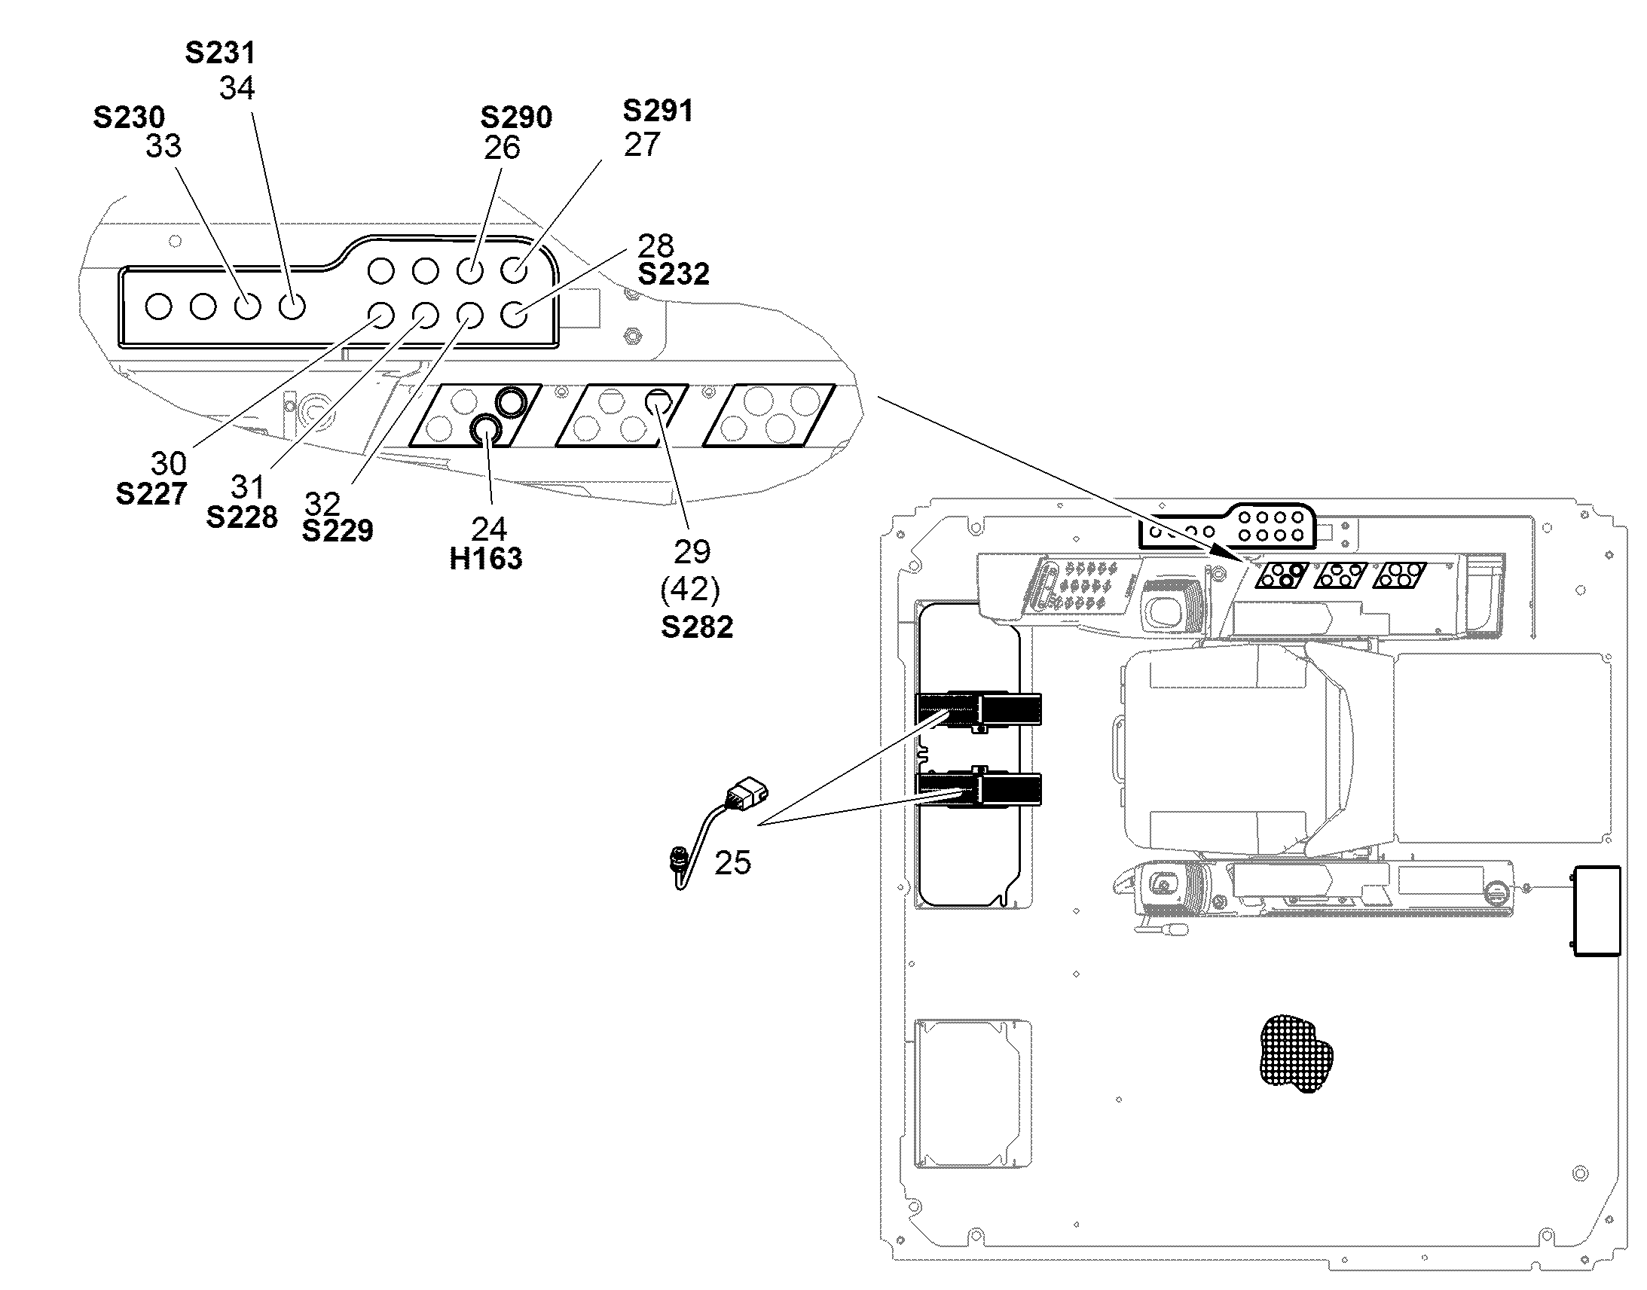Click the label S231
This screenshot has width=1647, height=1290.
[x=220, y=53]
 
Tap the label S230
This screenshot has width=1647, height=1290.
[x=128, y=117]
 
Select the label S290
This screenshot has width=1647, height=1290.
[x=516, y=117]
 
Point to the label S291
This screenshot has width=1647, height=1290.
[x=657, y=111]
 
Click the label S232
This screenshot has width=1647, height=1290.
[x=673, y=274]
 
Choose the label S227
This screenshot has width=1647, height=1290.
[x=151, y=494]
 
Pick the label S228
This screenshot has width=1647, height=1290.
[x=242, y=517]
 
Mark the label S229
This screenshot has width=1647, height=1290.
[x=338, y=531]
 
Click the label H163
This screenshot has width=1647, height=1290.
[x=486, y=559]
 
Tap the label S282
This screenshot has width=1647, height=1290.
[x=697, y=627]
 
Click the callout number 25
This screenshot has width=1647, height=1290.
[x=733, y=862]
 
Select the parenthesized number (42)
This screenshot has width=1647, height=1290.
[x=690, y=589]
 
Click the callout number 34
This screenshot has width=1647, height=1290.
[x=237, y=88]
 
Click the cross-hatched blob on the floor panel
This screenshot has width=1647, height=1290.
[x=1297, y=1054]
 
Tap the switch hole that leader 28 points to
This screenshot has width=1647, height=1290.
[x=514, y=314]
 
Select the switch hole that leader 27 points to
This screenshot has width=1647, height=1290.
[x=514, y=270]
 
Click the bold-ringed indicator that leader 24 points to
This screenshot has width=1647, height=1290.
[x=485, y=431]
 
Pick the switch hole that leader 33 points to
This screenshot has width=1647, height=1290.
[x=247, y=306]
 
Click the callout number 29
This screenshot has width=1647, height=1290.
[x=692, y=553]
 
